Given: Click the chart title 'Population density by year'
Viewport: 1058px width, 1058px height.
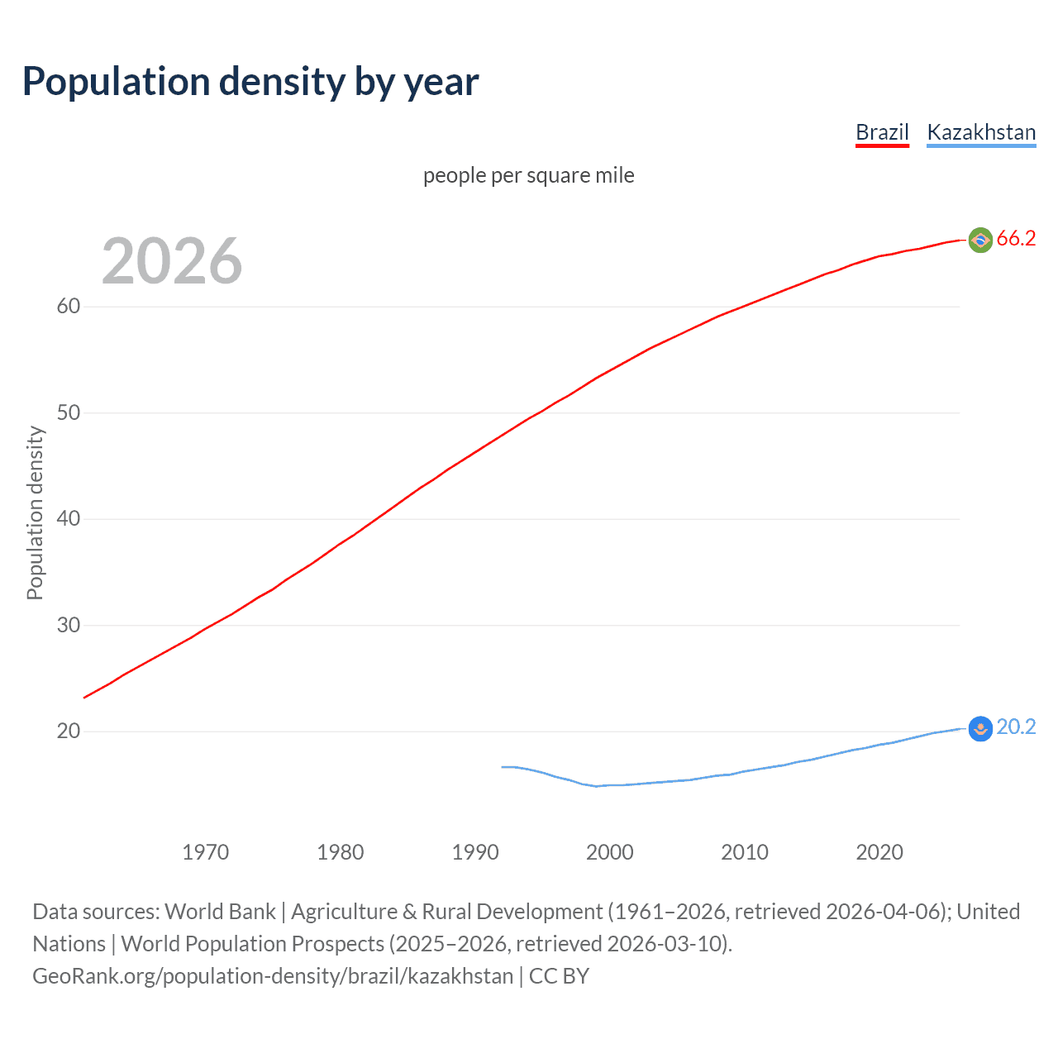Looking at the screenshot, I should (x=250, y=82).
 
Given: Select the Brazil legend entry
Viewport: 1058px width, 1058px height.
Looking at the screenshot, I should (x=882, y=132).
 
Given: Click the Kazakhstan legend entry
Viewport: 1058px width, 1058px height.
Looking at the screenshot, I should (x=981, y=132).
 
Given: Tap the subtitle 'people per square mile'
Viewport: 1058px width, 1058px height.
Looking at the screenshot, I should (x=529, y=175).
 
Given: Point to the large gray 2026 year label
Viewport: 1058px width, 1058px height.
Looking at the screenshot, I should (x=172, y=261).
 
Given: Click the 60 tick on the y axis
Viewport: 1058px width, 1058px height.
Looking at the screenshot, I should (x=69, y=306).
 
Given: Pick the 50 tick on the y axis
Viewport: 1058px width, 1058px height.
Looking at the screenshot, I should (x=69, y=412).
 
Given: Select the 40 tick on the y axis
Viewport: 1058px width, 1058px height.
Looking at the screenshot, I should (x=69, y=518).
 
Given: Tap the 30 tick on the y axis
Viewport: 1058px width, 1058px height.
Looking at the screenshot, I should (x=69, y=625).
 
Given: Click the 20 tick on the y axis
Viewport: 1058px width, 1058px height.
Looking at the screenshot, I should (x=69, y=731).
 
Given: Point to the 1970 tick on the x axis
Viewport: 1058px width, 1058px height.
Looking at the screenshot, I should (x=206, y=852).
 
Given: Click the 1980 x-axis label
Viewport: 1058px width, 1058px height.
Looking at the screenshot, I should (x=341, y=852).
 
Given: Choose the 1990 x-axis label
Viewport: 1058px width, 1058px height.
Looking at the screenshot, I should (x=475, y=852).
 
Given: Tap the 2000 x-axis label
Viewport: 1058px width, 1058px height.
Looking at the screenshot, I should (x=610, y=852).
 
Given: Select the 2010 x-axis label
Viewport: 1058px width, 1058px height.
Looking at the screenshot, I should (x=745, y=852).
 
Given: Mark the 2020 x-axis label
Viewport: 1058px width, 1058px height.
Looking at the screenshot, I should (x=879, y=852).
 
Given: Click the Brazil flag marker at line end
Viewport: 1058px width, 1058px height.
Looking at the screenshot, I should (x=980, y=240).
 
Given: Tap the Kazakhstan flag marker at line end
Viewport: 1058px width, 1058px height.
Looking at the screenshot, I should (x=980, y=728).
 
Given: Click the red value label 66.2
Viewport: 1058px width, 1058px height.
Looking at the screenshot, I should (x=1016, y=239).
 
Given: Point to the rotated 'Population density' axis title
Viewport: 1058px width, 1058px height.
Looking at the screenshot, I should (x=35, y=512).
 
